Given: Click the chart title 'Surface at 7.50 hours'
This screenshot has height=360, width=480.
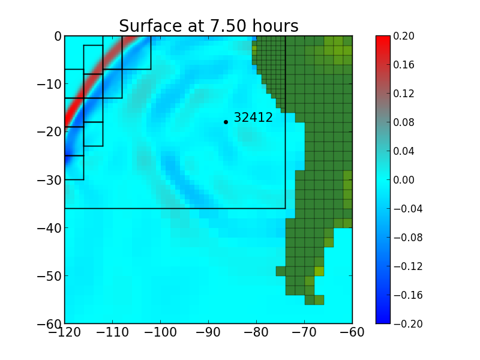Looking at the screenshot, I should pyautogui.click(x=208, y=26).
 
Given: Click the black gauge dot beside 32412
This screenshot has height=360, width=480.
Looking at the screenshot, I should pyautogui.click(x=226, y=122).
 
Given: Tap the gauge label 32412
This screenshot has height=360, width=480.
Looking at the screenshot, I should pyautogui.click(x=253, y=118).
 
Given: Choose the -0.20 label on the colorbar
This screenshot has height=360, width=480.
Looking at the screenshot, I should pyautogui.click(x=408, y=324).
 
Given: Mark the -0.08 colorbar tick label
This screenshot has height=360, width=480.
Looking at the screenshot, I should pyautogui.click(x=408, y=238).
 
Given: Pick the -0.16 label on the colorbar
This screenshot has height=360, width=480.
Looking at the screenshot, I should pyautogui.click(x=408, y=295).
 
